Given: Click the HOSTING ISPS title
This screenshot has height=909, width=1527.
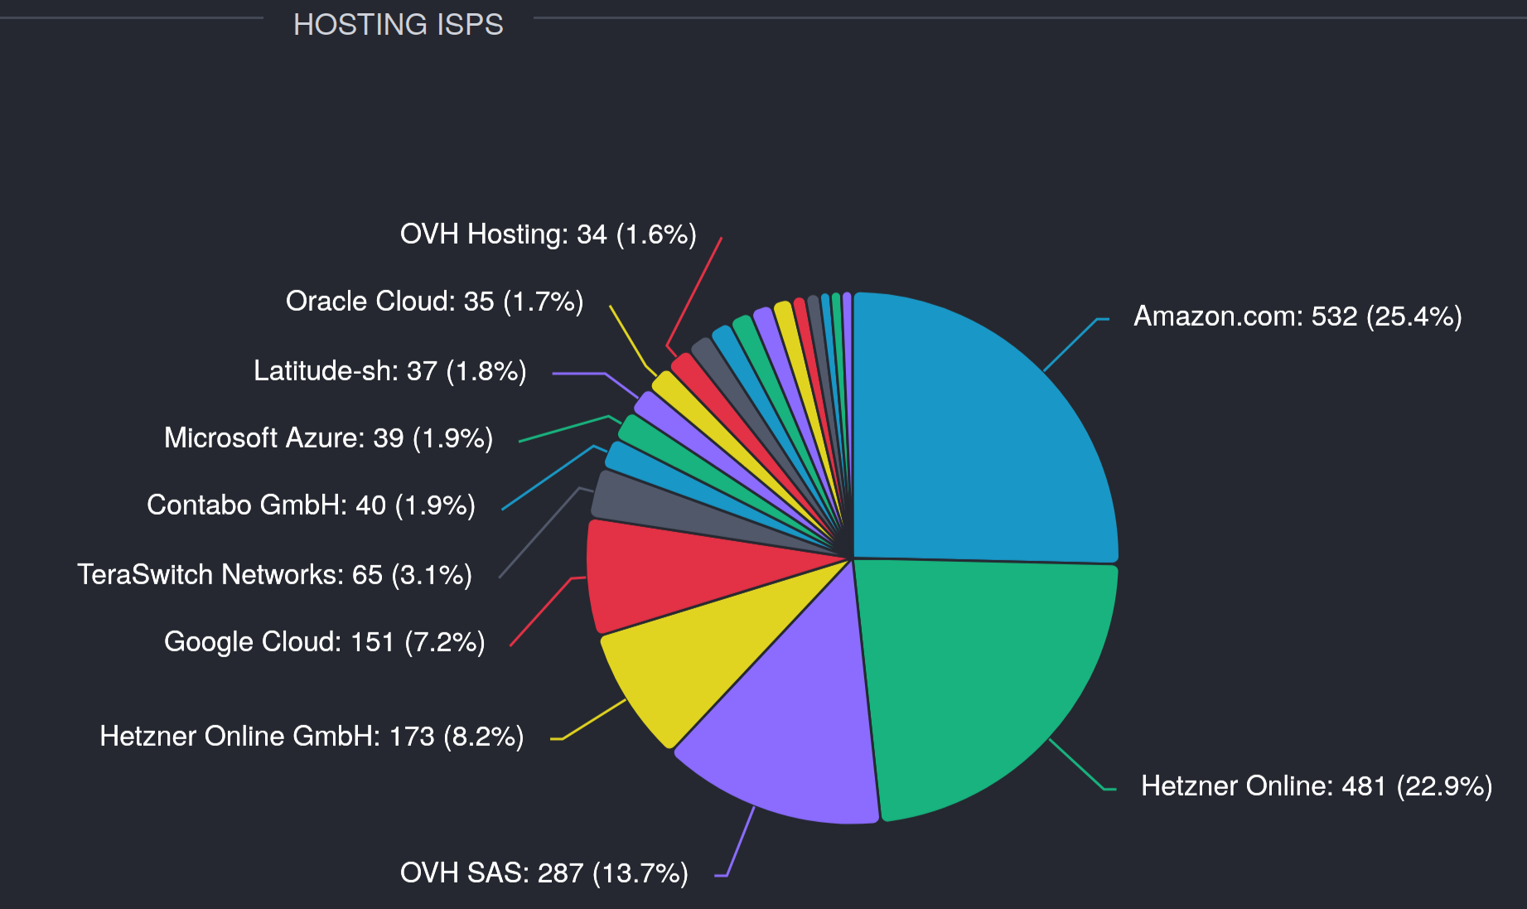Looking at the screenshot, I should pos(398,25).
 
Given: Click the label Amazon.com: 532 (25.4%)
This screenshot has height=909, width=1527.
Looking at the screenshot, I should pos(1297,317).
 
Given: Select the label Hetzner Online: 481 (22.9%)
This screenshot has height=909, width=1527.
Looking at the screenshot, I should pos(1316,786).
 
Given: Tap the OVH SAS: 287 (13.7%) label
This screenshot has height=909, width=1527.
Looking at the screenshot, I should pos(544,873).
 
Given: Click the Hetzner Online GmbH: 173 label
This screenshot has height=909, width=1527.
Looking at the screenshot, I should pos(312,736).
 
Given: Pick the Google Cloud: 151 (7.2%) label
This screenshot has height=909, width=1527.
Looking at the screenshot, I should pos(324,641).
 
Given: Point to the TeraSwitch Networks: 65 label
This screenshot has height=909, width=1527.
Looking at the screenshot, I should pos(274,574).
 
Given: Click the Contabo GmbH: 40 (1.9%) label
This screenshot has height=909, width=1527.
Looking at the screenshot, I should pos(311,505).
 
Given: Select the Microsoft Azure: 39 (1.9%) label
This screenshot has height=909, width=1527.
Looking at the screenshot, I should pos(328,438).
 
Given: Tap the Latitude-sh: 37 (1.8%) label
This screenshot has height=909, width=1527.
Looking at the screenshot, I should pos(389,370).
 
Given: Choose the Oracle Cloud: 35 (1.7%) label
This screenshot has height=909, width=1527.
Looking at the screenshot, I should pos(434,301).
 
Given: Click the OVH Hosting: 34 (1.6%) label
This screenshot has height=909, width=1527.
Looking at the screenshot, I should pos(548,235).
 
